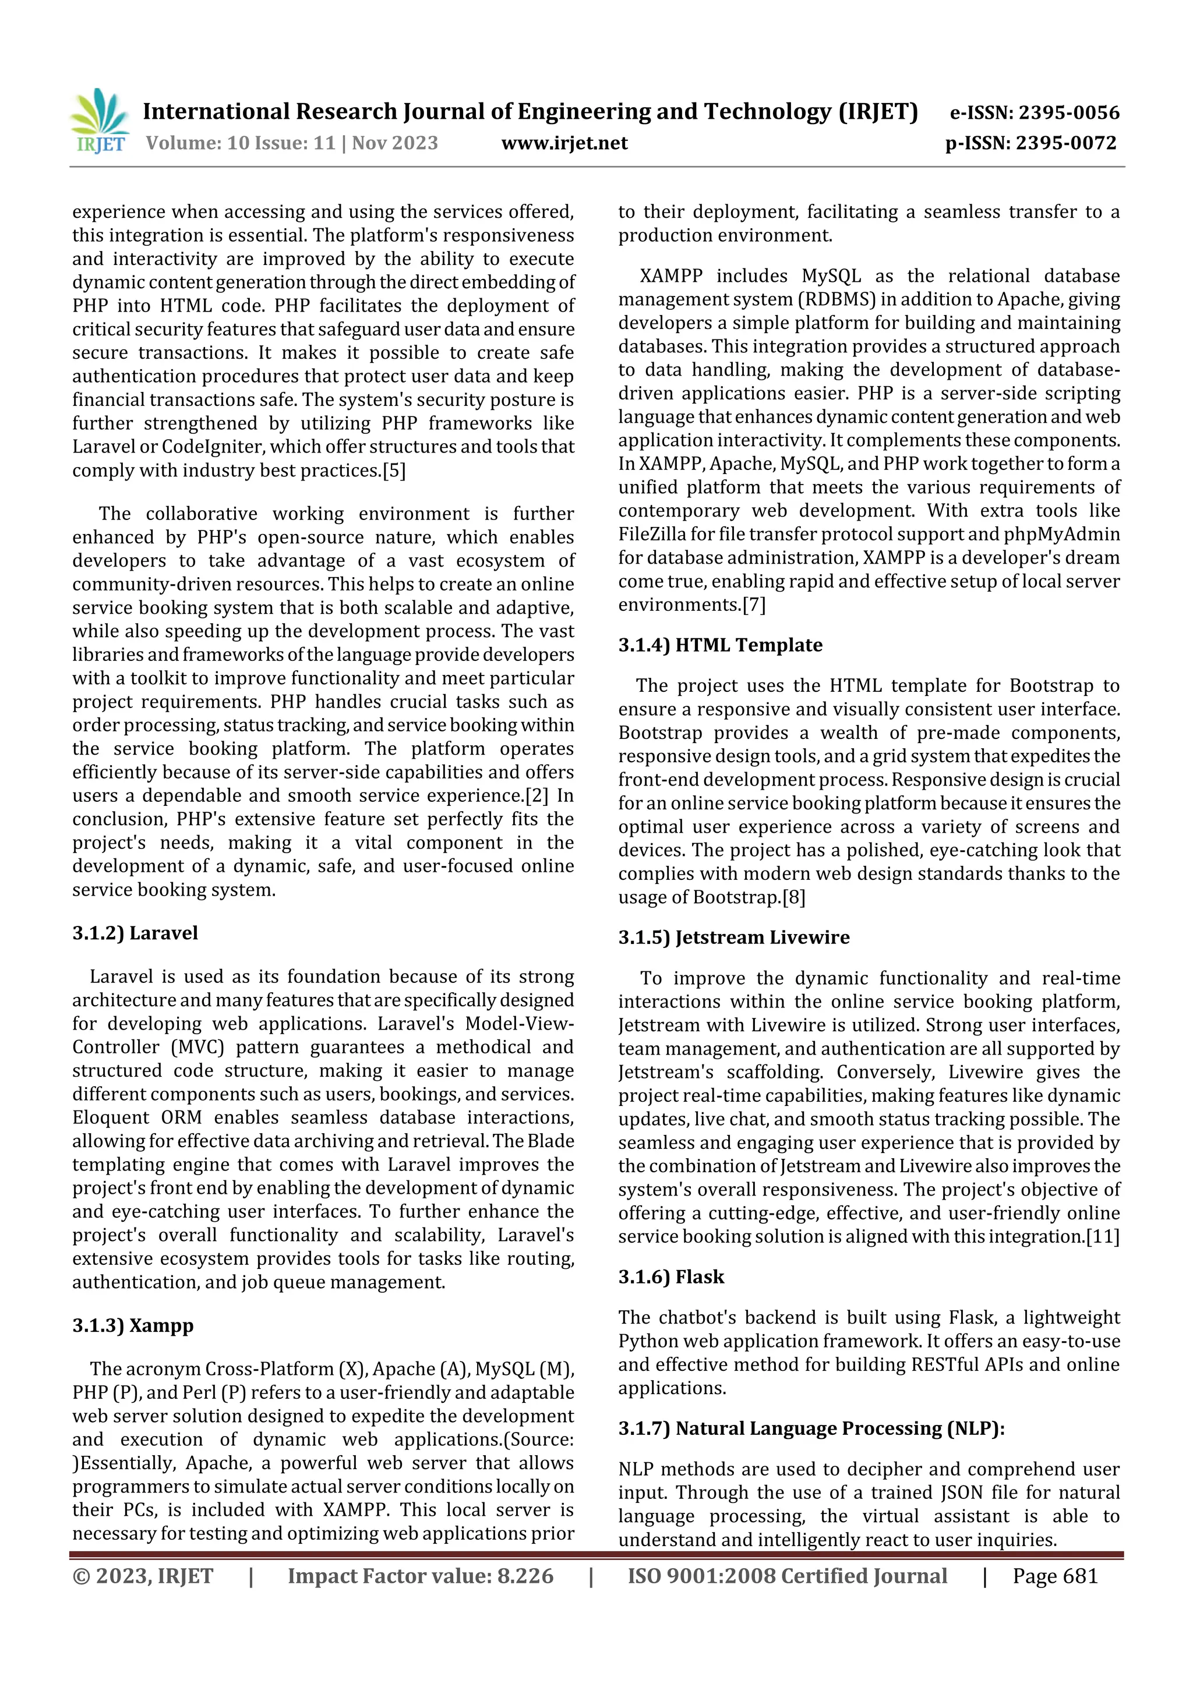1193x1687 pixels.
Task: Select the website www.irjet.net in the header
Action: (564, 143)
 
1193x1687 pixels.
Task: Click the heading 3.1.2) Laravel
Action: (135, 932)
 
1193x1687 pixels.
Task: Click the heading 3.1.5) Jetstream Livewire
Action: (733, 937)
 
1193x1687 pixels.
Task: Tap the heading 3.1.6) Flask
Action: (670, 1276)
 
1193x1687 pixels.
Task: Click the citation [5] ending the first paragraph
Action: (393, 471)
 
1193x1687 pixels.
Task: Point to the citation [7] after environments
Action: (753, 604)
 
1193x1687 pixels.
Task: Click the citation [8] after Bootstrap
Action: (794, 897)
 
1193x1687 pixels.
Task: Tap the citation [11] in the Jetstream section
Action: (1103, 1237)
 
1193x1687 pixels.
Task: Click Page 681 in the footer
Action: (1055, 1575)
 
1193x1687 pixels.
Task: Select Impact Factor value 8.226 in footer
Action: (420, 1575)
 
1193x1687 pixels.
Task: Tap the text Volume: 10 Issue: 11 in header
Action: (241, 143)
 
